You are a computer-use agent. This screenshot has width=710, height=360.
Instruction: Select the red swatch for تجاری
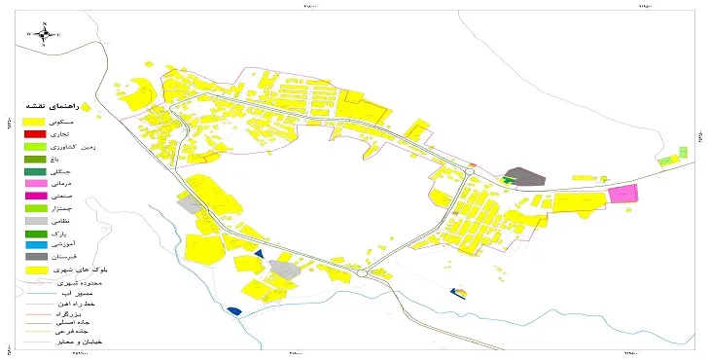point(34,132)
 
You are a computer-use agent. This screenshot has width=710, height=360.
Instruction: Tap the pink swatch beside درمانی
point(34,183)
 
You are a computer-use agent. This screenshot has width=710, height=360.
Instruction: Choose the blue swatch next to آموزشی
point(34,246)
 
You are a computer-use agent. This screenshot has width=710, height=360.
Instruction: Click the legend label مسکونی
point(81,118)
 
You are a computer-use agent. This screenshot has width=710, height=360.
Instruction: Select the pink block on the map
point(622,194)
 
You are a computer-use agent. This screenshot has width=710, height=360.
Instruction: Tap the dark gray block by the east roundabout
point(528,177)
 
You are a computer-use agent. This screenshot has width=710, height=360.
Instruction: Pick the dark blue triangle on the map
point(259,253)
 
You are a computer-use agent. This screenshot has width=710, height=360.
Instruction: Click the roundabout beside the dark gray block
point(471,171)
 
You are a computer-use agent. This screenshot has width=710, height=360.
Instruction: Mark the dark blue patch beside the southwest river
point(233,311)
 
